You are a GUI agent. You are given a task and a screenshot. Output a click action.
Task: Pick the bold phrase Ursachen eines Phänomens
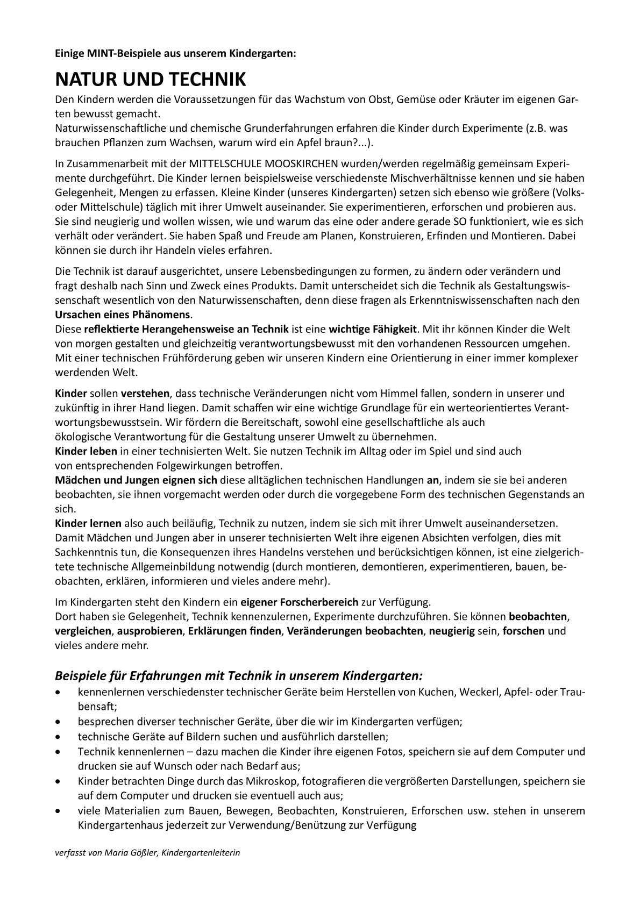tap(123, 314)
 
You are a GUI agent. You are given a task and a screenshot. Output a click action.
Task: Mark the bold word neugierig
tap(452, 631)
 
